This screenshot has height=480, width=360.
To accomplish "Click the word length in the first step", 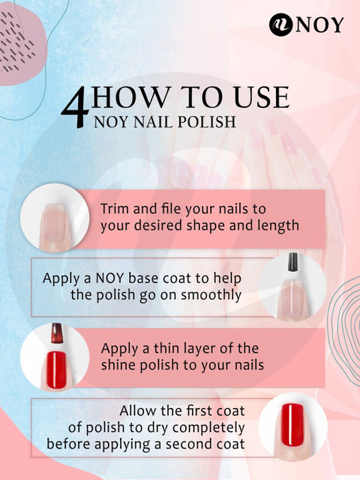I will tap(277, 224).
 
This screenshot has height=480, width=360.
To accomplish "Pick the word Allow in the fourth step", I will tap(140, 412).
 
